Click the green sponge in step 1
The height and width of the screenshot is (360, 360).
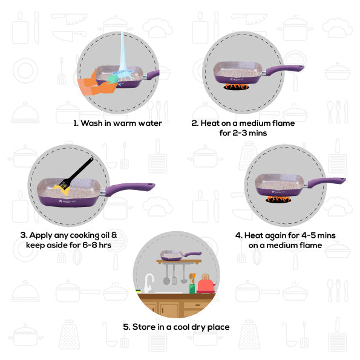(x=113, y=79)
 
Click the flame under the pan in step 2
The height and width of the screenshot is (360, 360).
(x=236, y=87)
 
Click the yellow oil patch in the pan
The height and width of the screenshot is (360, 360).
(x=62, y=189)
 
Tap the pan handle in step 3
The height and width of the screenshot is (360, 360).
(x=129, y=189)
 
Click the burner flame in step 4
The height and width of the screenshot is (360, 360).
(x=278, y=199)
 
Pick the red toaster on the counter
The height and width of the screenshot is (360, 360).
(x=206, y=284)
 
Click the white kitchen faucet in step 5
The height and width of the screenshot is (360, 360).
(x=149, y=283)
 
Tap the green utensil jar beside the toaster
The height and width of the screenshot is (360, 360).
(x=192, y=289)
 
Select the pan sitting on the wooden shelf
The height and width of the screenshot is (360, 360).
(x=181, y=255)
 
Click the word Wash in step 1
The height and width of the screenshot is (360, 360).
(x=91, y=123)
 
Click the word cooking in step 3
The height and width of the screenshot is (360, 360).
(x=85, y=235)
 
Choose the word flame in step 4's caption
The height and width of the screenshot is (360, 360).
(x=310, y=245)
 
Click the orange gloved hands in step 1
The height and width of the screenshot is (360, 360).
(x=96, y=85)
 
